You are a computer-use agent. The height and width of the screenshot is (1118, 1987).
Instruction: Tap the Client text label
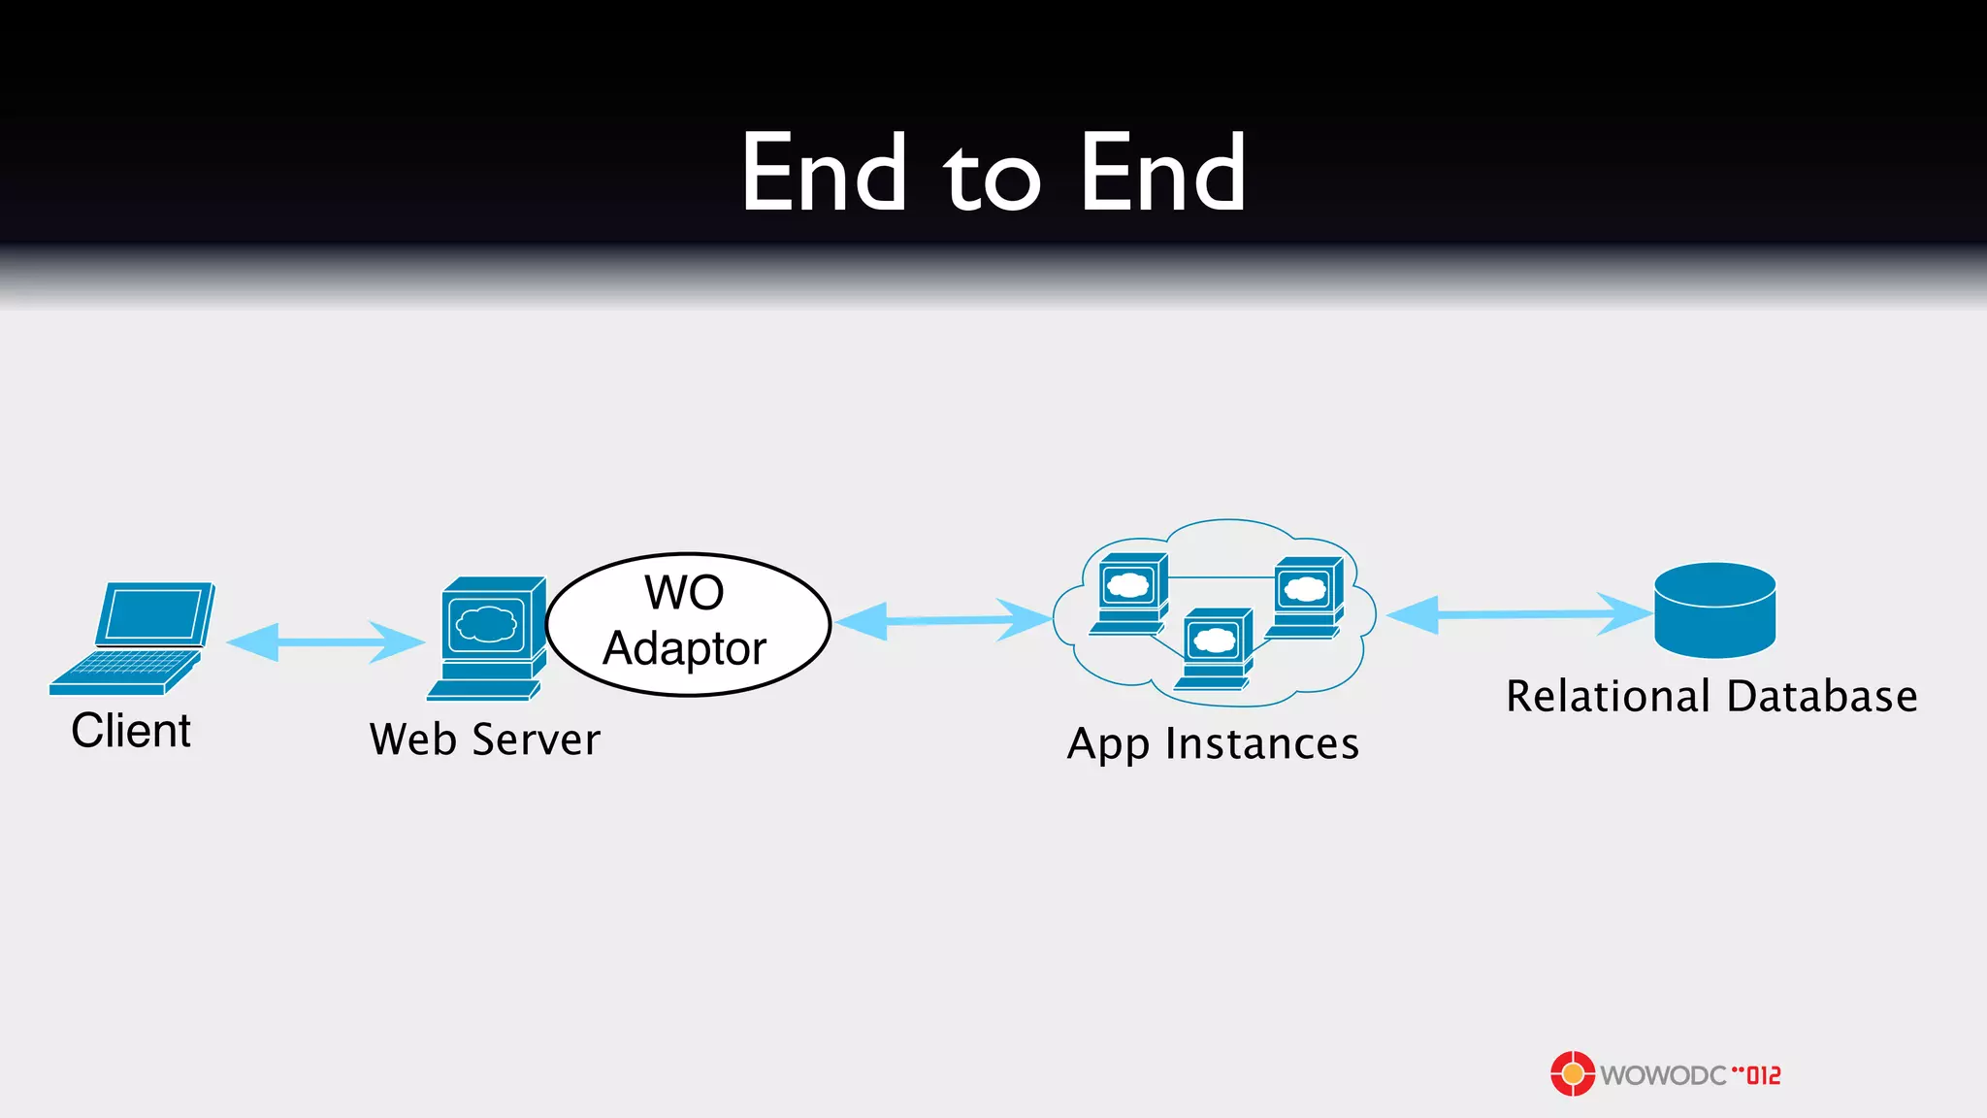(131, 731)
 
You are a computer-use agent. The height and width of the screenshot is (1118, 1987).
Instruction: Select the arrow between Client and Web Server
(325, 641)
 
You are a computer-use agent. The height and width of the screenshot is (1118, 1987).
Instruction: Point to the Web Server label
(485, 740)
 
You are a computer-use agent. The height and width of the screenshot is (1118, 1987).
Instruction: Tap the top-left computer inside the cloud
(1130, 592)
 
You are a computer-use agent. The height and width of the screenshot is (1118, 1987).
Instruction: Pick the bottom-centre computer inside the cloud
(1216, 647)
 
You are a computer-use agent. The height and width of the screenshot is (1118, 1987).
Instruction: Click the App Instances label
(1213, 744)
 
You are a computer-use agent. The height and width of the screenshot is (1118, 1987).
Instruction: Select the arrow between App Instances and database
(1518, 614)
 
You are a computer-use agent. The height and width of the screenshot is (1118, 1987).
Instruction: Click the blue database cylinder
(1714, 610)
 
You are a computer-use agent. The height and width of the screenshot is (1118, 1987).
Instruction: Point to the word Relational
(1608, 697)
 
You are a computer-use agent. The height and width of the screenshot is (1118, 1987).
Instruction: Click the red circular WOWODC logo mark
(1572, 1073)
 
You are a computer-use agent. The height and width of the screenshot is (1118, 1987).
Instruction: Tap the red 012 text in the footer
(1764, 1075)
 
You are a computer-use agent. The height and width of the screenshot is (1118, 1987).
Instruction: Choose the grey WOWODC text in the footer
(1663, 1075)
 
